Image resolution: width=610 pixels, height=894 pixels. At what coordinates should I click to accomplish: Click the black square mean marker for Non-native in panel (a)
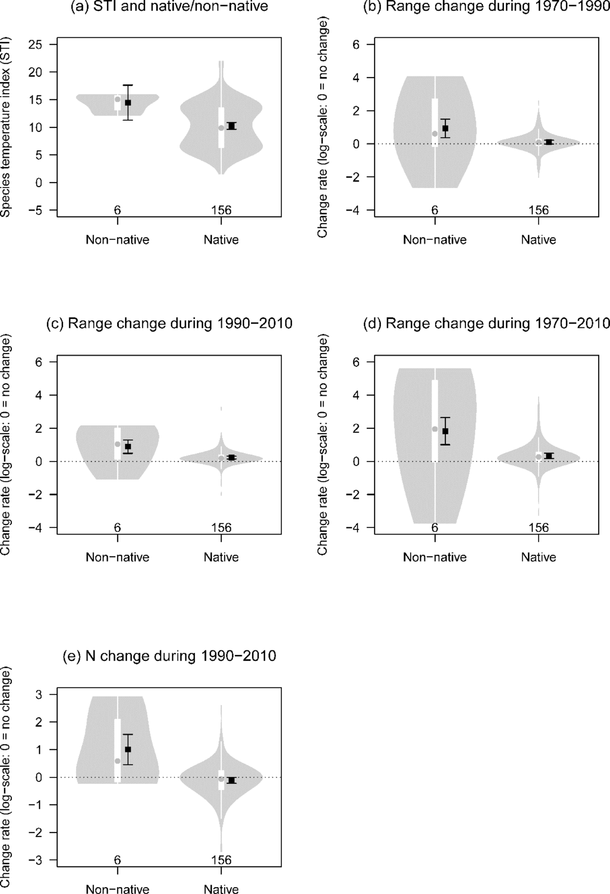coord(128,103)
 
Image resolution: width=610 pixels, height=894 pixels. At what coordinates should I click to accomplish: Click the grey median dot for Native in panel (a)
coord(221,128)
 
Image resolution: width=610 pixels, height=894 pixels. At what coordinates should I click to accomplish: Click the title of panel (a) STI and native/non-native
coord(169,6)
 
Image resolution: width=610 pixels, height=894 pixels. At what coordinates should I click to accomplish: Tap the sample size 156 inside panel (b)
coord(539,211)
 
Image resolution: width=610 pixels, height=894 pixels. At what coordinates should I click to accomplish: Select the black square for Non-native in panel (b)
coord(445,128)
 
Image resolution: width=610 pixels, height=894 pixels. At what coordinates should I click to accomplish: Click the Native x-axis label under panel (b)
coord(538,240)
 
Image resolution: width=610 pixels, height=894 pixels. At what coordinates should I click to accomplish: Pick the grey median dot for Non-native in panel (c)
coord(117,444)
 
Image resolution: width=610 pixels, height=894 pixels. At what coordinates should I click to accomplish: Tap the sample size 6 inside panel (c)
coord(117,528)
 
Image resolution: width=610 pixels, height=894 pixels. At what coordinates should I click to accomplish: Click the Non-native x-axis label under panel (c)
coord(117,557)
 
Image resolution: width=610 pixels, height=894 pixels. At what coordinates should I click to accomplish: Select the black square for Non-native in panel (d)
coord(445,431)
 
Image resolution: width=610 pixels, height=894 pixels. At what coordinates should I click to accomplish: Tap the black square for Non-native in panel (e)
coord(128,749)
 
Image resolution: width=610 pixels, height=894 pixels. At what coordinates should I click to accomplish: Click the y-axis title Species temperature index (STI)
coord(6,127)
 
